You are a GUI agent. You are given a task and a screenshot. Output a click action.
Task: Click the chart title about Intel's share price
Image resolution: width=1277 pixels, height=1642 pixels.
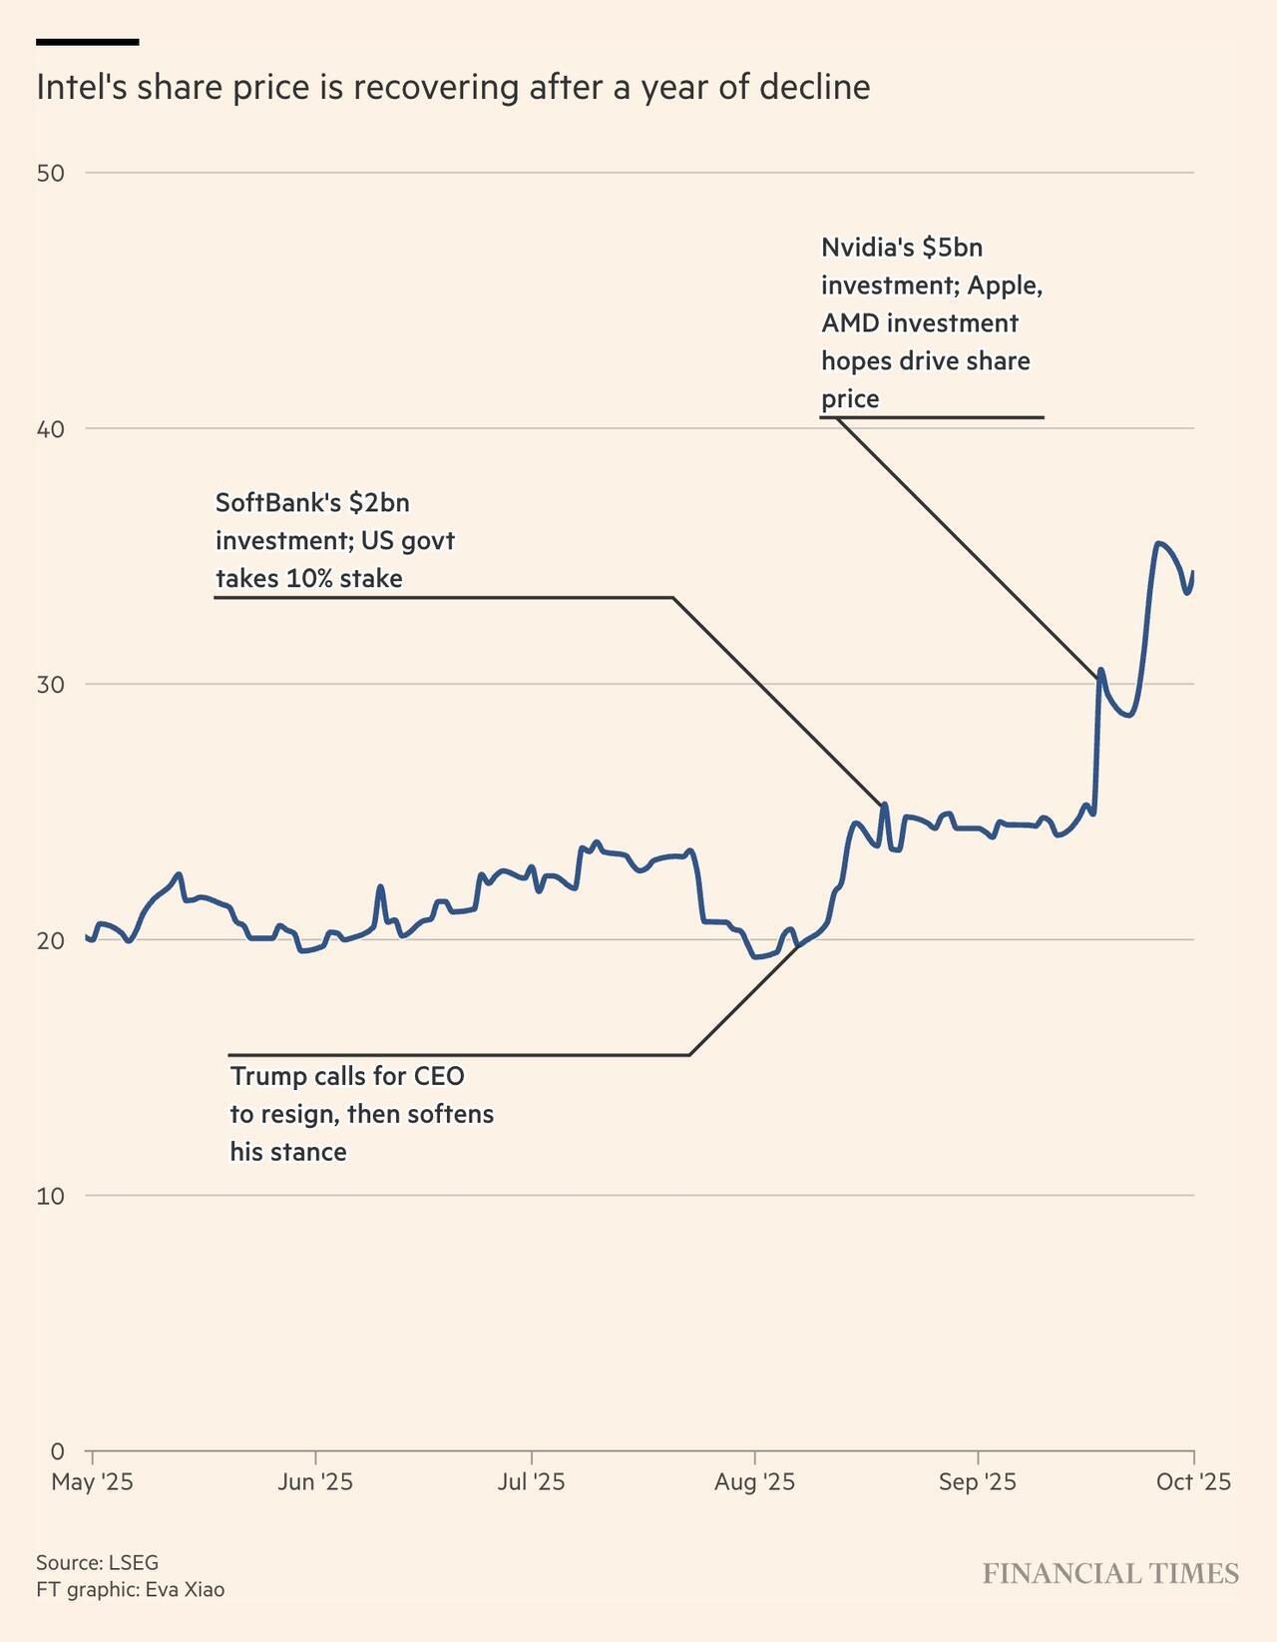click(x=453, y=88)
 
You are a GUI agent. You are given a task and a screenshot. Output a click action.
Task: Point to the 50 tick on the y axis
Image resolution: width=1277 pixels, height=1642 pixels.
click(x=50, y=173)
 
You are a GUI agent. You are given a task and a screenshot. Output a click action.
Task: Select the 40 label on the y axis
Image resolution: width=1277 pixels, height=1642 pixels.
click(x=50, y=429)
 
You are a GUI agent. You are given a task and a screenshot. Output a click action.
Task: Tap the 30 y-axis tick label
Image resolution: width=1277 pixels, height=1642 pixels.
click(x=50, y=685)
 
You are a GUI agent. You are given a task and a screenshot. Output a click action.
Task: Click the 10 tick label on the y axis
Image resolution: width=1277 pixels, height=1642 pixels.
click(x=50, y=1196)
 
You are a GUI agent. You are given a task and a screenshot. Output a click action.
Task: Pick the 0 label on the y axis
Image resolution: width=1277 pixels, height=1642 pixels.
click(x=57, y=1451)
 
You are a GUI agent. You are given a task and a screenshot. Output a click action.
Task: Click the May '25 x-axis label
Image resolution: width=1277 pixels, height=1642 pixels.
click(x=92, y=1482)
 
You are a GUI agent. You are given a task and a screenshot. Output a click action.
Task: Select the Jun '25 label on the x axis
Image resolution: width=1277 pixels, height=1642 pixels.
click(x=315, y=1482)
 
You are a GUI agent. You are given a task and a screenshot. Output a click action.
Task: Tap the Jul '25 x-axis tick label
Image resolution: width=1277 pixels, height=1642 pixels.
click(x=531, y=1482)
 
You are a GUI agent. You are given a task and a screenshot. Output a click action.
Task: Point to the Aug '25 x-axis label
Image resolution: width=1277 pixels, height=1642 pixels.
click(x=754, y=1482)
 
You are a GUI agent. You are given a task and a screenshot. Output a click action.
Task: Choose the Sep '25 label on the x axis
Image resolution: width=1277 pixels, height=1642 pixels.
click(x=978, y=1482)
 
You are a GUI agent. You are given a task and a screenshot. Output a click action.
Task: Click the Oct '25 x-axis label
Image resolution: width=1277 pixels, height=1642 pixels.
click(x=1193, y=1482)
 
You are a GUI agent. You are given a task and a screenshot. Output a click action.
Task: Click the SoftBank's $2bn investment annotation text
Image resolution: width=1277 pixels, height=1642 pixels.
click(x=335, y=540)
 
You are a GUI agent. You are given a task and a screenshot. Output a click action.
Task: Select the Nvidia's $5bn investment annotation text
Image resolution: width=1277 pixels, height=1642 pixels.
click(x=931, y=322)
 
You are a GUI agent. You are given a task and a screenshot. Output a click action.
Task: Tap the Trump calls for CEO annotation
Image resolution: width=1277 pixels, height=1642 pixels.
click(x=361, y=1114)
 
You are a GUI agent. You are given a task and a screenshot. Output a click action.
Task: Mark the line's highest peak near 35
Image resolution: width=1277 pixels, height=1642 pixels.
click(x=1157, y=544)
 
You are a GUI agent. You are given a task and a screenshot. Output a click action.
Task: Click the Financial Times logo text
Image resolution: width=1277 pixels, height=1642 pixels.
click(x=1110, y=1574)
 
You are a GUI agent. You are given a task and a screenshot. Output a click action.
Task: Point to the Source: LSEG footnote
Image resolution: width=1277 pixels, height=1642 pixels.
click(x=97, y=1562)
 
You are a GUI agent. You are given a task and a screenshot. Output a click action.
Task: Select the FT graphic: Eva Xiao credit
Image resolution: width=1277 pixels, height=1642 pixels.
click(x=130, y=1589)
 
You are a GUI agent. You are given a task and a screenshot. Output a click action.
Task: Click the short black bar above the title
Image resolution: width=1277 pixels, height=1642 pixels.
click(x=87, y=42)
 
